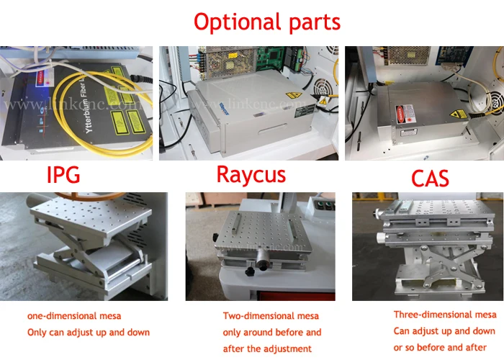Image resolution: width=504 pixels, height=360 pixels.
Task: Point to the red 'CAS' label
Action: (x=430, y=178)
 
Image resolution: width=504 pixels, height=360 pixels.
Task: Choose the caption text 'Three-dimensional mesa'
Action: (x=445, y=315)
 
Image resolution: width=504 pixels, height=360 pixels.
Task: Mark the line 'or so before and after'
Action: (x=441, y=348)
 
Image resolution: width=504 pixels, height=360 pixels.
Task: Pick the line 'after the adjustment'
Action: (x=267, y=348)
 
